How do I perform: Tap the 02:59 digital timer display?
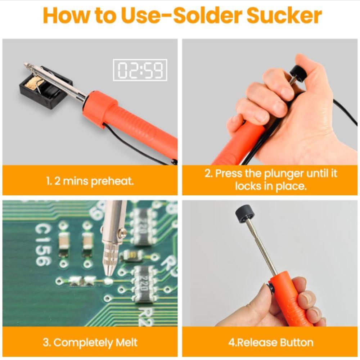[140, 70]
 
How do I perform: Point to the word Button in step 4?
[295, 342]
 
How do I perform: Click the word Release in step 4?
[254, 342]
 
